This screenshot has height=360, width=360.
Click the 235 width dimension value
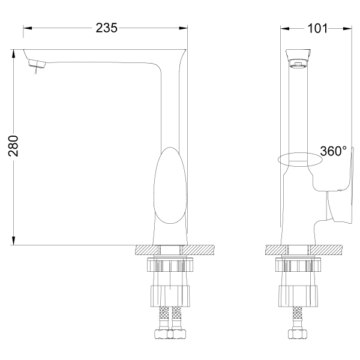(x=106, y=28)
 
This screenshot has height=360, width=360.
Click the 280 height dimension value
(x=13, y=146)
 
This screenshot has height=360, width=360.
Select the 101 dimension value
(x=317, y=28)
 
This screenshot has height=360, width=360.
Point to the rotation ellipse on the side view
(x=300, y=160)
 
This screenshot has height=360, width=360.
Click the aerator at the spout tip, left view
(x=37, y=64)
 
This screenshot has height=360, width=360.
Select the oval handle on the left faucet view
(x=170, y=185)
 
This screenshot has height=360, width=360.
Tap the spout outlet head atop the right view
(x=298, y=58)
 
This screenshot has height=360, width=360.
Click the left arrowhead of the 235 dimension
(x=28, y=28)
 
